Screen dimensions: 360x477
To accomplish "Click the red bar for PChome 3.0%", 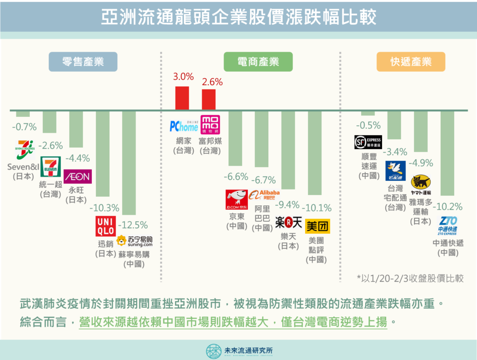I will click(x=182, y=98).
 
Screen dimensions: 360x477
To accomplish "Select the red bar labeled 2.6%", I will click(x=209, y=100).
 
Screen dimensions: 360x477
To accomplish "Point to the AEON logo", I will click(x=78, y=177).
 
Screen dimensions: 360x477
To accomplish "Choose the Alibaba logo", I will click(x=264, y=195).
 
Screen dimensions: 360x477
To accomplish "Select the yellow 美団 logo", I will click(x=317, y=226).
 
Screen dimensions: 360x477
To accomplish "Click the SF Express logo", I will click(x=368, y=142).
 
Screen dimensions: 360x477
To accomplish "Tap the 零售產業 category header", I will click(x=83, y=61).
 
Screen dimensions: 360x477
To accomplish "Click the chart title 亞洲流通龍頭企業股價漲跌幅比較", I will click(x=238, y=18).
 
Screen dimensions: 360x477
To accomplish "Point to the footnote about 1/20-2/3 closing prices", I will click(x=410, y=278).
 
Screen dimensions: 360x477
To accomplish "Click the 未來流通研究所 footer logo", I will click(x=238, y=350).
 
